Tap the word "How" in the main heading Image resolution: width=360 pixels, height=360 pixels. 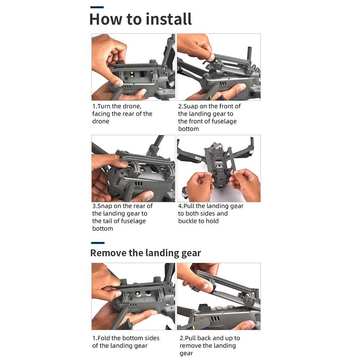pos(106,19)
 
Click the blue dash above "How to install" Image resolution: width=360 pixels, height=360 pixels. pos(97,7)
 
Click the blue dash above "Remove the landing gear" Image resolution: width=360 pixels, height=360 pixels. pos(98,243)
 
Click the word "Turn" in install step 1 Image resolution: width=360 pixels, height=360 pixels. pos(104,106)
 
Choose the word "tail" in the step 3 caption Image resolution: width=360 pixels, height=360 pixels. pos(107,221)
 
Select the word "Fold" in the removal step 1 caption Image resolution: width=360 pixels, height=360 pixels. pos(104,338)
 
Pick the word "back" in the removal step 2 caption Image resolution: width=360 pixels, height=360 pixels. pos(204,338)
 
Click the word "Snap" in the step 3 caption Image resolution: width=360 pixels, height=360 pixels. pos(105,206)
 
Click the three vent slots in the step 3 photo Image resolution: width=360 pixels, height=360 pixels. pos(139,184)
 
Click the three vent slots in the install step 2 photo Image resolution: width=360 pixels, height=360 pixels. pos(223,84)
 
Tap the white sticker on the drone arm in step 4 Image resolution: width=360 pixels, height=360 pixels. pos(198,158)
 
